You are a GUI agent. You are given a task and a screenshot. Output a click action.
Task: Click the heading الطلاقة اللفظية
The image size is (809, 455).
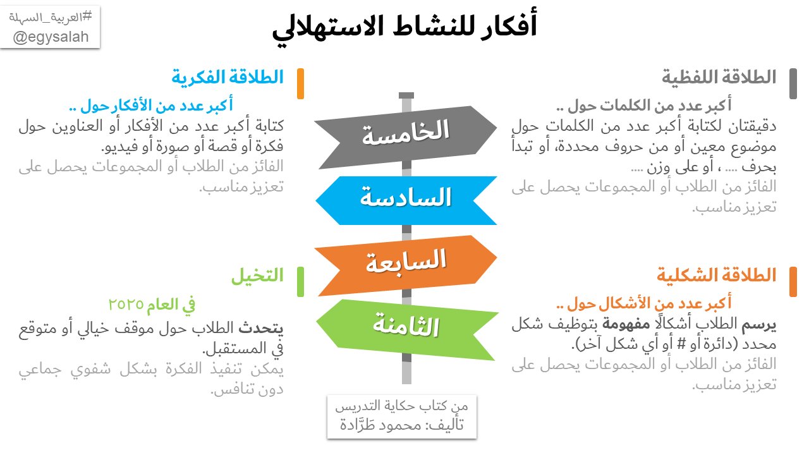[x=719, y=78]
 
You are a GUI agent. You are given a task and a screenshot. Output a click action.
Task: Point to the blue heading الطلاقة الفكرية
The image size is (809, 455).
[x=228, y=78]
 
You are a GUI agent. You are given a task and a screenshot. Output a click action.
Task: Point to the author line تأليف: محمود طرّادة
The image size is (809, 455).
[x=402, y=425]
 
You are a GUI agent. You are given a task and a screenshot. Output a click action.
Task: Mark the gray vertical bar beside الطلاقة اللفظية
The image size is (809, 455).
[x=793, y=84]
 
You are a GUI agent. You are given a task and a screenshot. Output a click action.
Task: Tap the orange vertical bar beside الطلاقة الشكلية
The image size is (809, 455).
[x=793, y=281]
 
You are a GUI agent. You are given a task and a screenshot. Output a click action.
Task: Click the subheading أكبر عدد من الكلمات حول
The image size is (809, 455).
[x=645, y=106]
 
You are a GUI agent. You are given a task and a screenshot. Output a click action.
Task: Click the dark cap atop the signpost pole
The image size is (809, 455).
[x=406, y=95]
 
